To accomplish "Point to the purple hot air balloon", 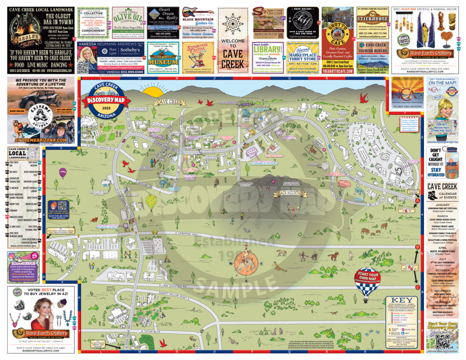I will point(63,172).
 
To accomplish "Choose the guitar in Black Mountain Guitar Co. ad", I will point(199,12).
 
